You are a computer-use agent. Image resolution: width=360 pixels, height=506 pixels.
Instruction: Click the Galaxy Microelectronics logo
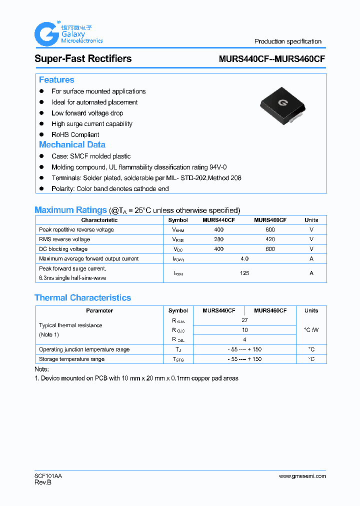pyautogui.click(x=68, y=34)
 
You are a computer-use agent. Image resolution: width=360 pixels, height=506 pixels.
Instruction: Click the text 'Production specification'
pyautogui.click(x=287, y=41)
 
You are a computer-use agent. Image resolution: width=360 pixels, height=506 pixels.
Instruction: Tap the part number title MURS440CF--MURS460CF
pyautogui.click(x=272, y=58)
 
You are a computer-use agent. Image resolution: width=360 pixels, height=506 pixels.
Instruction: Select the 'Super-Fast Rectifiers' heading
pyautogui.click(x=83, y=58)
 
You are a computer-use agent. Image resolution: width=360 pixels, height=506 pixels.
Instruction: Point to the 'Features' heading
pyautogui.click(x=56, y=80)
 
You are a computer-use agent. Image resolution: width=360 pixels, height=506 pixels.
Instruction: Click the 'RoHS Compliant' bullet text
pyautogui.click(x=75, y=134)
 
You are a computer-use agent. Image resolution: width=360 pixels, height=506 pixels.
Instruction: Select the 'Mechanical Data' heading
pyautogui.click(x=72, y=144)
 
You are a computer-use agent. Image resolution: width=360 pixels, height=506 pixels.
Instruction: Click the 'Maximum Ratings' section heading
pyautogui.click(x=70, y=210)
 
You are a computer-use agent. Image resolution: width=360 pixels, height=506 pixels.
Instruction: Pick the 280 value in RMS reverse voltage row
pyautogui.click(x=218, y=239)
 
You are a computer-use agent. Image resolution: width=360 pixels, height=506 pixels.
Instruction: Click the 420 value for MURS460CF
pyautogui.click(x=270, y=239)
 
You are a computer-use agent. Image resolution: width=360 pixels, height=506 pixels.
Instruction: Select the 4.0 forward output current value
pyautogui.click(x=244, y=258)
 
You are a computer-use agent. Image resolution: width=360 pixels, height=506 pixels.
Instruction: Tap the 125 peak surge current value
pyautogui.click(x=244, y=273)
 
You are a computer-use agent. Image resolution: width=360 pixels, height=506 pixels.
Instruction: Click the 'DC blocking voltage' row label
pyautogui.click(x=63, y=249)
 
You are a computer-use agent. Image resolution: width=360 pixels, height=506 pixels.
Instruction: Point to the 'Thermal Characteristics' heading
pyautogui.click(x=82, y=297)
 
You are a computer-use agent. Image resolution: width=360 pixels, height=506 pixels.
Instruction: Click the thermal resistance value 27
pyautogui.click(x=244, y=320)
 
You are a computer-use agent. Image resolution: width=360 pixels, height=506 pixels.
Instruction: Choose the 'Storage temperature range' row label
pyautogui.click(x=71, y=359)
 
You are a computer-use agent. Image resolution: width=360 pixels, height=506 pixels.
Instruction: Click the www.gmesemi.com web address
pyautogui.click(x=302, y=476)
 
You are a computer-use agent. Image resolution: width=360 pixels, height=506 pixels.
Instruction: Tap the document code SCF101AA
pyautogui.click(x=48, y=476)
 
